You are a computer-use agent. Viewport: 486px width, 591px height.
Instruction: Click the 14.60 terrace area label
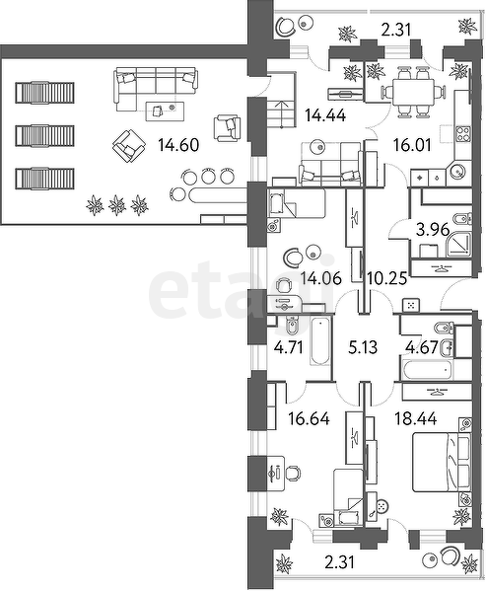178,145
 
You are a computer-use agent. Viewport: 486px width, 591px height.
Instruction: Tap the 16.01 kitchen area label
412,145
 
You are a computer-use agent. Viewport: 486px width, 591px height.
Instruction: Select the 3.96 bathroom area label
433,230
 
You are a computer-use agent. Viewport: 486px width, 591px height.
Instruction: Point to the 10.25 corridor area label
387,279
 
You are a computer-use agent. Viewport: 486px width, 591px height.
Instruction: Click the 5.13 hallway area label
363,347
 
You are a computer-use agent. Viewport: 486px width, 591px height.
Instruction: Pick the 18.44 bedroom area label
416,418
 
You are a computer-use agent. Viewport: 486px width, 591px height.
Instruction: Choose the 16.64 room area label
310,418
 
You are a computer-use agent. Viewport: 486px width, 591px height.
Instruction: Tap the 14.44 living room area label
325,115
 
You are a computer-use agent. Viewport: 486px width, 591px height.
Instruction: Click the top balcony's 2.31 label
395,30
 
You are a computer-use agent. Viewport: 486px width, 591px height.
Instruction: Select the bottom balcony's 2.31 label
339,563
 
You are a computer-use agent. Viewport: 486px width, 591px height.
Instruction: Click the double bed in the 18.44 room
442,462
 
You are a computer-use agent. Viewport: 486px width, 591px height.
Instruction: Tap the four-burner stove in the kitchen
463,134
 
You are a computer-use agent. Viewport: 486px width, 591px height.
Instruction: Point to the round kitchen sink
457,173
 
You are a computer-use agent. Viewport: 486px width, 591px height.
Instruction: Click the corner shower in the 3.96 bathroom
458,245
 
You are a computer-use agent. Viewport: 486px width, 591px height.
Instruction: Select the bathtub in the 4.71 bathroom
320,341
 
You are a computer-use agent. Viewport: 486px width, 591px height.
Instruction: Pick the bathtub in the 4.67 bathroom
427,370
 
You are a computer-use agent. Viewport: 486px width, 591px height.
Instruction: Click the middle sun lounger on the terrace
44,136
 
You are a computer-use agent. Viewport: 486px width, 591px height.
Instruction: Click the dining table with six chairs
414,91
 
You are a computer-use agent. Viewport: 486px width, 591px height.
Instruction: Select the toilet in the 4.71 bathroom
292,327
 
